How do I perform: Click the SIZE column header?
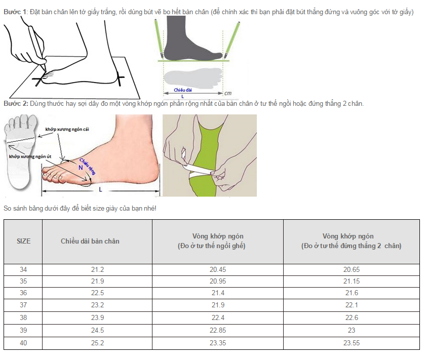tap(24, 241)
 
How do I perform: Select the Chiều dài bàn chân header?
tap(90, 241)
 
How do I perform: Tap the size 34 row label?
tap(23, 269)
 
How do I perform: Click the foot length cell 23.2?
tap(98, 305)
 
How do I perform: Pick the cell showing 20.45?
tap(218, 269)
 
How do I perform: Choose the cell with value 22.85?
tap(218, 330)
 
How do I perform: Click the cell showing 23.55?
tap(352, 343)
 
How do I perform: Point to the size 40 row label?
tap(23, 343)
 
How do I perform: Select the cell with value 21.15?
tap(352, 282)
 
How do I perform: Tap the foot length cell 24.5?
tap(98, 330)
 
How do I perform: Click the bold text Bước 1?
tap(15, 12)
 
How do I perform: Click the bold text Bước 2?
tap(16, 104)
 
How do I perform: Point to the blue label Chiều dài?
tap(183, 90)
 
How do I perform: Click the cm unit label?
tap(228, 93)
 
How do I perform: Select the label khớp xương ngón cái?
tap(67, 129)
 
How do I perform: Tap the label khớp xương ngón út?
tap(30, 156)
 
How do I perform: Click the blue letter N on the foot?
tap(81, 168)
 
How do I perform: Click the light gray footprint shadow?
tap(193, 77)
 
